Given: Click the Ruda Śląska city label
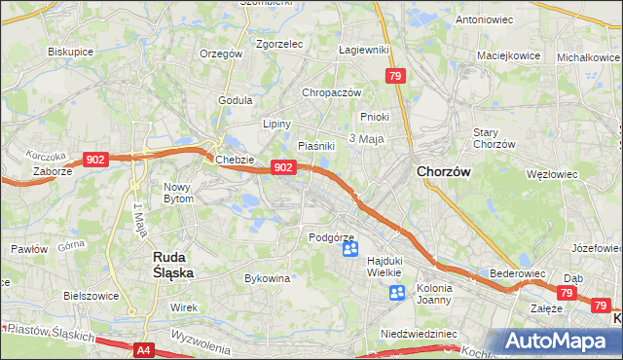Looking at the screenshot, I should point(172,265).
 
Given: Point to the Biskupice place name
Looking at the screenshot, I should point(69,53).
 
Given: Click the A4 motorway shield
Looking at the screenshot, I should point(144,349).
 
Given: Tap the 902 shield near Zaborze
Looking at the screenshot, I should point(95,159).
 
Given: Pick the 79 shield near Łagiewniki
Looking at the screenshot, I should point(395,75).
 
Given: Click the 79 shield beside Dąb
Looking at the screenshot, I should point(568,292).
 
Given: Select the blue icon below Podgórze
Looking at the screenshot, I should point(350,250).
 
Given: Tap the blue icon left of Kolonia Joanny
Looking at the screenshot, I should point(396,293).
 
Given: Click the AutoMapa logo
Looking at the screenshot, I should point(559,342).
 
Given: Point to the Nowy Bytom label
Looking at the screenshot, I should point(178,192).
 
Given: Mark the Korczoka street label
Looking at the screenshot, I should point(46,155).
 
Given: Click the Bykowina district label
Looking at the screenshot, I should point(268,278).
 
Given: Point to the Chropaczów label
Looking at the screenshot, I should point(332,92).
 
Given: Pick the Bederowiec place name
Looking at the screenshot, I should point(516,274).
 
